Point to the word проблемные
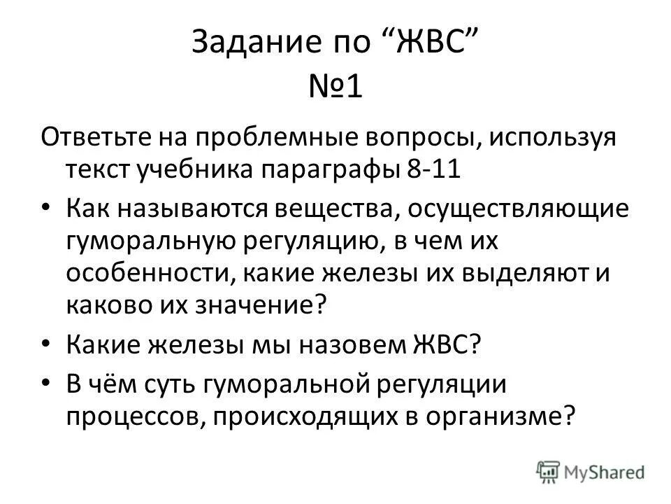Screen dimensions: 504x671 tap(273, 137)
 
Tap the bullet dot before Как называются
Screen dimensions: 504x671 tap(47, 210)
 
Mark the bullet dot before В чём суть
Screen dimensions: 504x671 tap(47, 385)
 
